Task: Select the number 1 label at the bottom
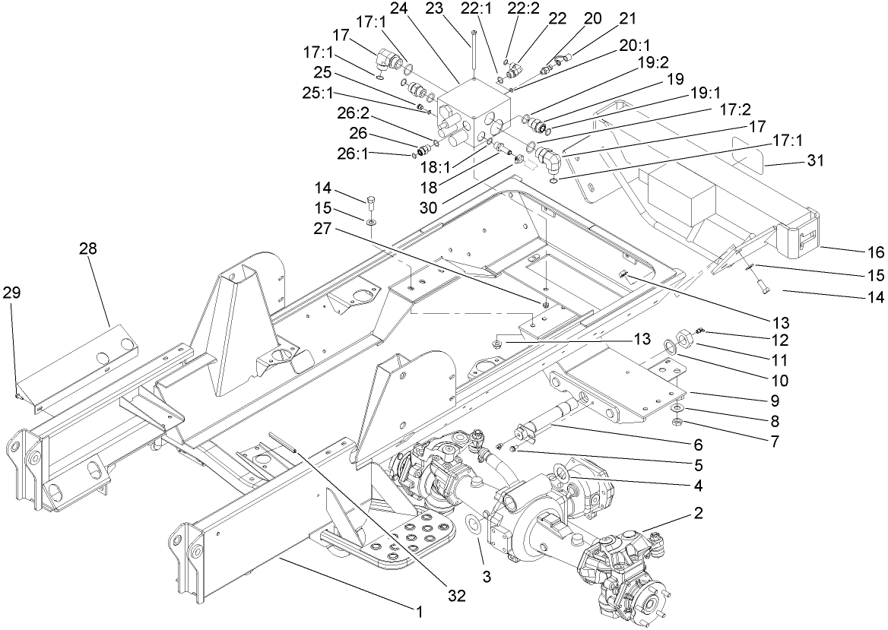click(x=417, y=610)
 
